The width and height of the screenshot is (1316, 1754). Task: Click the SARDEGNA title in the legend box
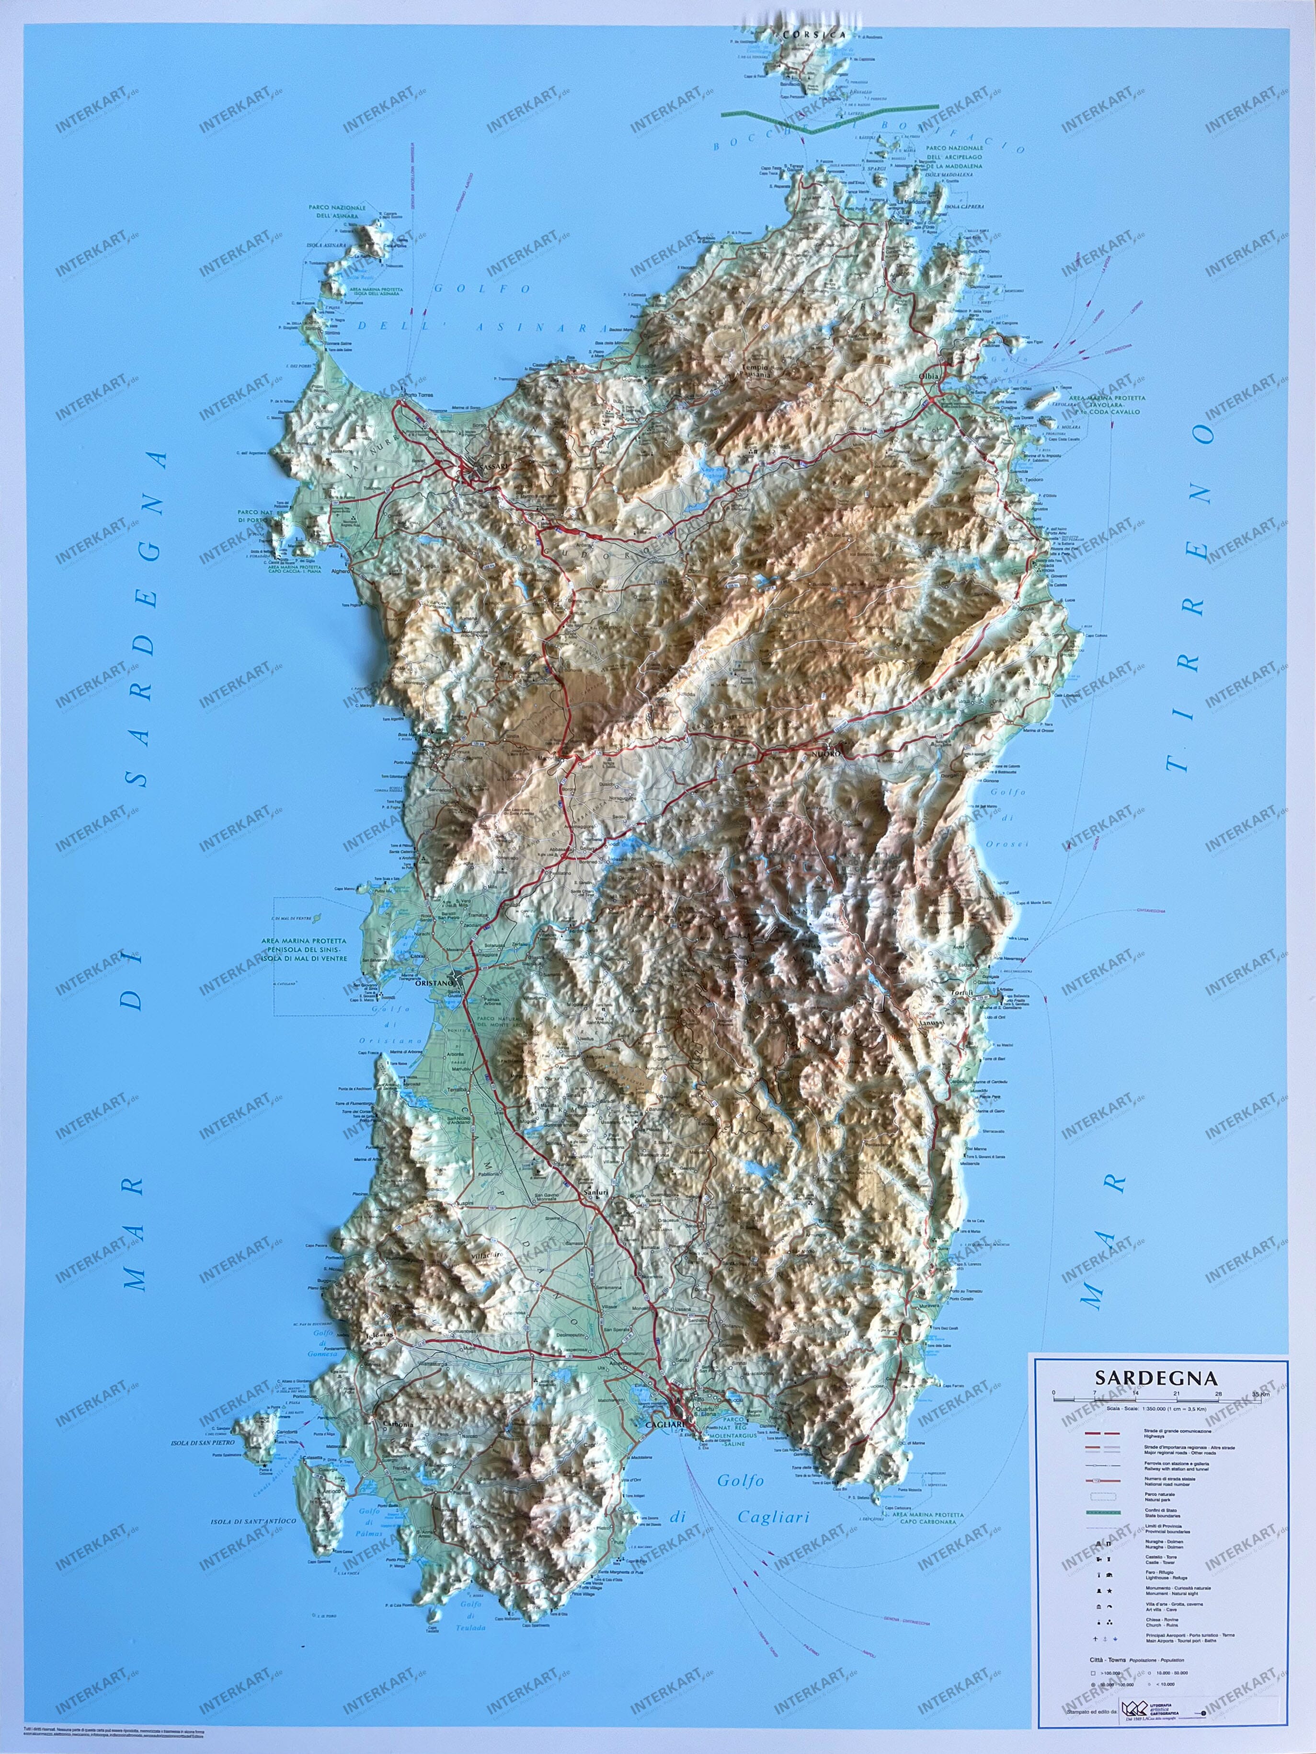[1156, 1377]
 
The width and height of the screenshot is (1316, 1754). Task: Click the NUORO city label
[824, 754]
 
